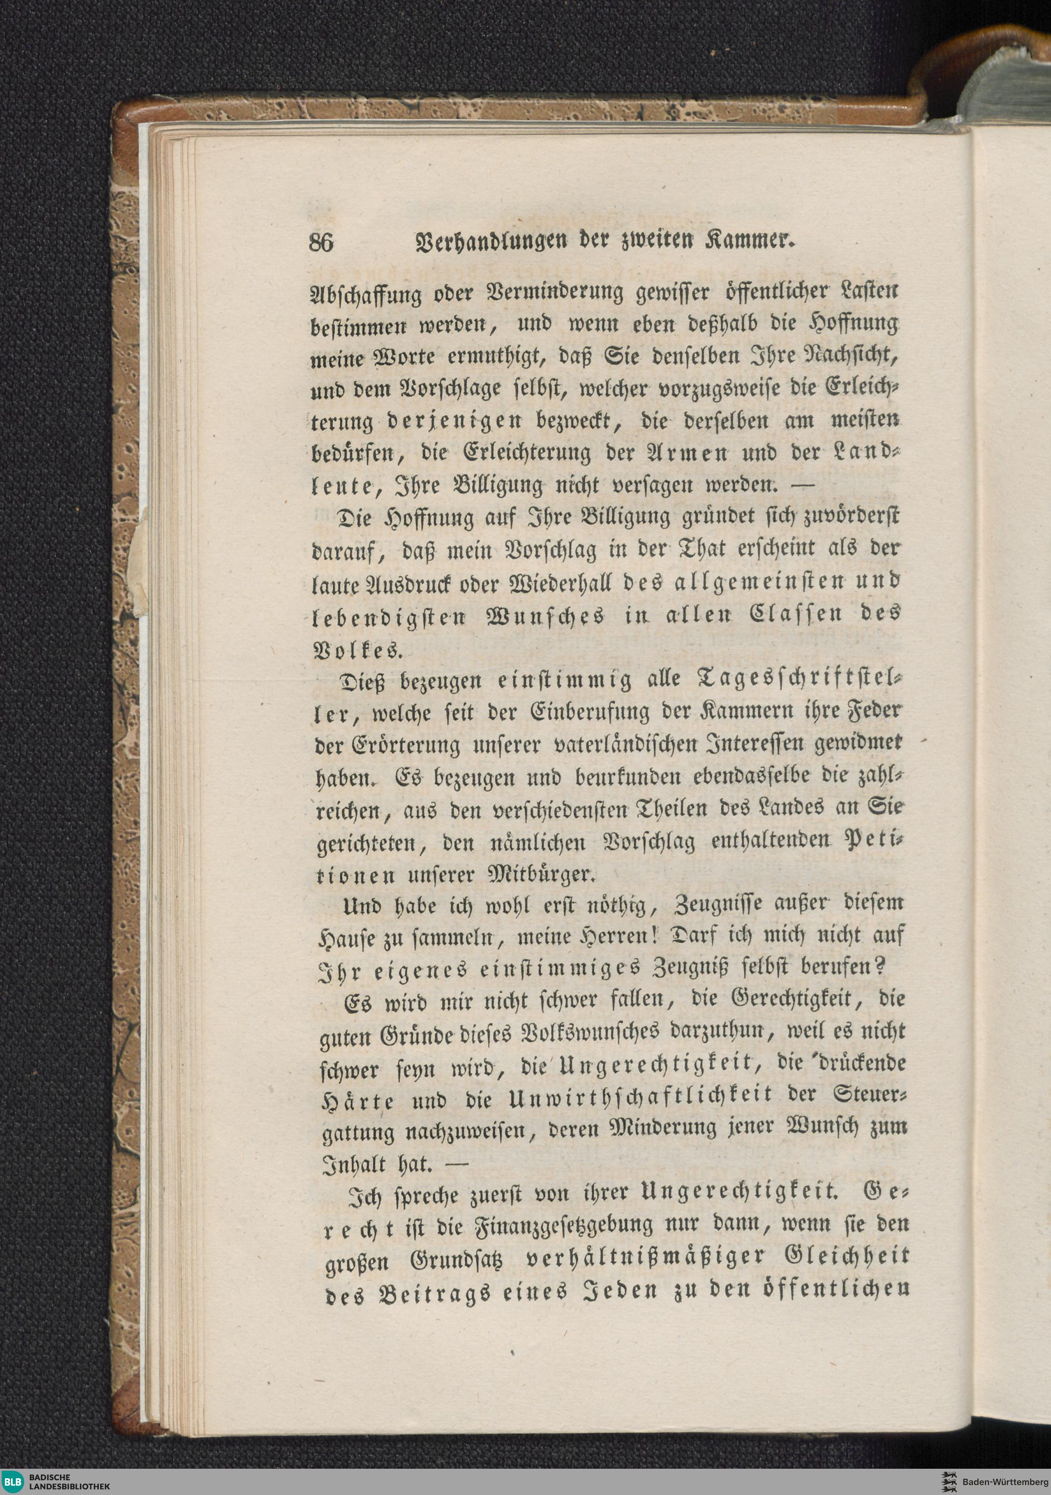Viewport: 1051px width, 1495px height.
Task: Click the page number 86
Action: coord(321,243)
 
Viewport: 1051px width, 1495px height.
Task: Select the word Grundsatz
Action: coord(457,1261)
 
